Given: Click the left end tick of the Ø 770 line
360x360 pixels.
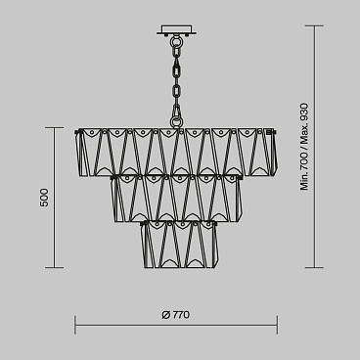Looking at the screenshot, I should pos(76,326).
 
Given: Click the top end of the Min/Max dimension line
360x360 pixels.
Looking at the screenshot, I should pos(314,26).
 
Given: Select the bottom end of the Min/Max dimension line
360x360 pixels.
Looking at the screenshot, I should pos(314,266).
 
